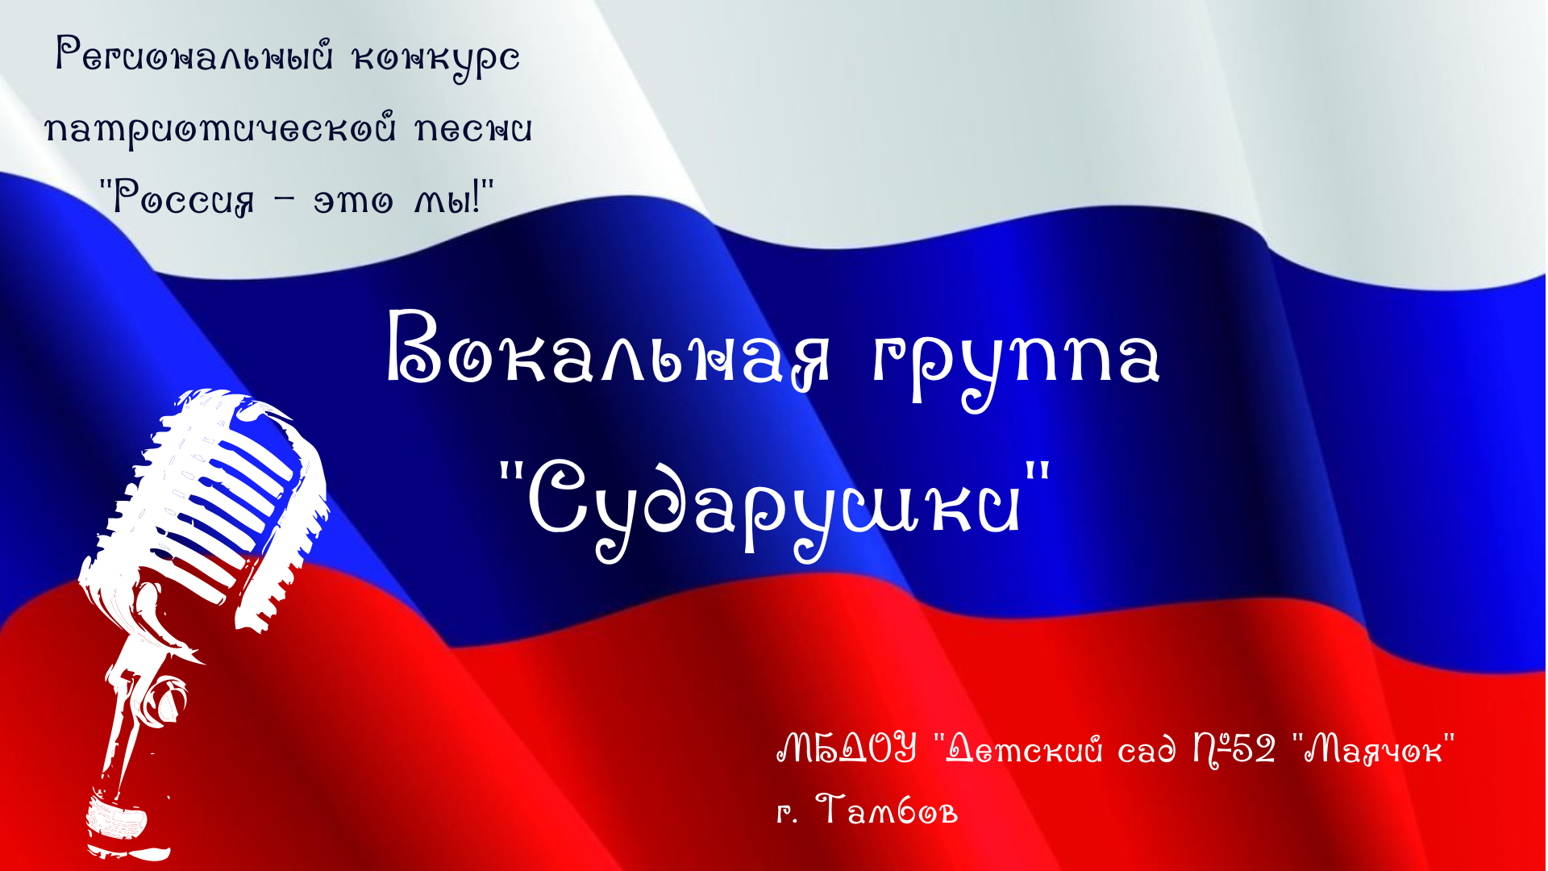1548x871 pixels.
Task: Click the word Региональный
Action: (193, 56)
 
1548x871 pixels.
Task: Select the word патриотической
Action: (220, 129)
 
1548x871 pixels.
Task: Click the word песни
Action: (473, 129)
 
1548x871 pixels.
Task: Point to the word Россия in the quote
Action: (184, 198)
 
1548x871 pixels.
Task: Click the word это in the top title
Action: (353, 200)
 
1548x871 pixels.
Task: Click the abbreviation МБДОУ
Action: (847, 748)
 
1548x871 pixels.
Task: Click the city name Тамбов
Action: (887, 810)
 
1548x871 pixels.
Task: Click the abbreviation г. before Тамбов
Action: (787, 813)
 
